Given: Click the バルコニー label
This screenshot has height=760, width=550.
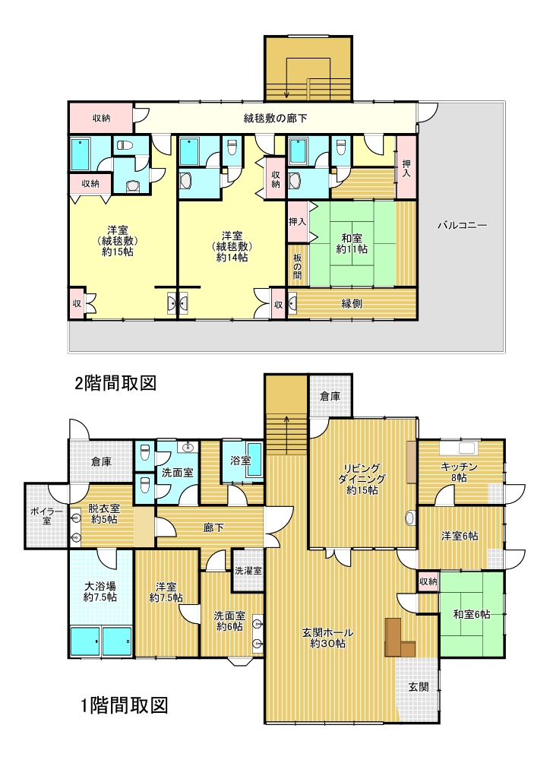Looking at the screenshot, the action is coord(462,226).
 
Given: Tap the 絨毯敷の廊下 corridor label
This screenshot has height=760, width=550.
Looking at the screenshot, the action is coord(275,118).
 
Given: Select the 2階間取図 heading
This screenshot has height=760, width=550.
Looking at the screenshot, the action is coord(115,383).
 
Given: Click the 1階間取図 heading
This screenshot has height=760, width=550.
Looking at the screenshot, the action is coord(124,705).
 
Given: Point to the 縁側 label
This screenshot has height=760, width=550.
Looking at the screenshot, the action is coord(352,303).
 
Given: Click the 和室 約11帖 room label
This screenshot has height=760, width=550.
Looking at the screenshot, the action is coord(352,244).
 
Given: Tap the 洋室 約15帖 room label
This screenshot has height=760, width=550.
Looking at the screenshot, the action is coord(118,240).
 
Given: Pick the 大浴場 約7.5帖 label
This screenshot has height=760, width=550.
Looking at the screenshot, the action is coord(100,591).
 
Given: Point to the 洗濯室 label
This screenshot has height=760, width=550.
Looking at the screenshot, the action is coord(248,571).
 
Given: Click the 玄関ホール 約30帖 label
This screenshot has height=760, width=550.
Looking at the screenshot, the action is coord(327,638).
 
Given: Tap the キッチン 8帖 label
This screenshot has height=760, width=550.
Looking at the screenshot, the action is coord(459,472).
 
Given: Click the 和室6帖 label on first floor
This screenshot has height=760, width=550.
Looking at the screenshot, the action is coord(472,615).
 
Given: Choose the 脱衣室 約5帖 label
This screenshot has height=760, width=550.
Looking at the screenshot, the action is coord(104,515).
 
